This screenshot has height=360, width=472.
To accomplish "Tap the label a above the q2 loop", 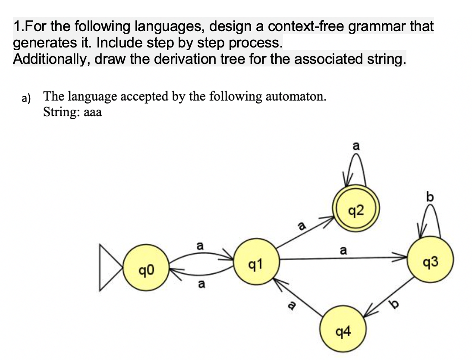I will pyautogui.click(x=356, y=146).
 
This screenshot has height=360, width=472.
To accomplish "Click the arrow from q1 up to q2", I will pyautogui.click(x=305, y=233).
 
